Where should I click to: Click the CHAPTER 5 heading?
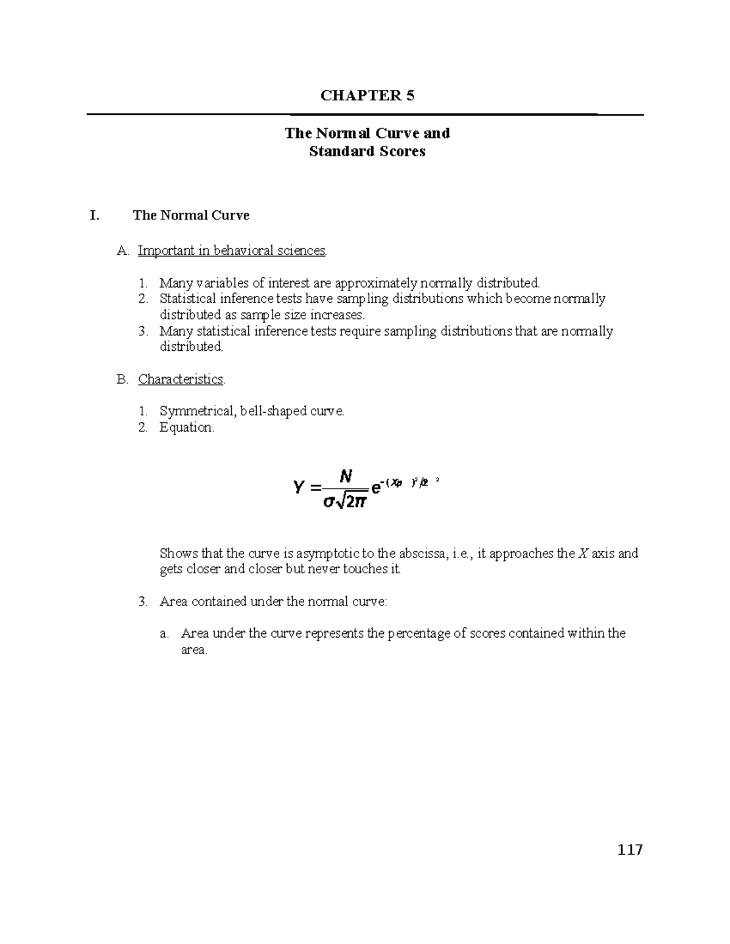coord(367,95)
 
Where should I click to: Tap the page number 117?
coord(630,850)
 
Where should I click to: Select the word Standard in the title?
coord(336,151)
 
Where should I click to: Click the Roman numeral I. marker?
coord(94,215)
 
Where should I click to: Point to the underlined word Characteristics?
coord(181,379)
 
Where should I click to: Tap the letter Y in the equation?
coord(299,488)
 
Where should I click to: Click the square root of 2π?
coord(353,502)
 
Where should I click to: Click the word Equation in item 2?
coord(186,427)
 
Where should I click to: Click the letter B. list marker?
coord(122,379)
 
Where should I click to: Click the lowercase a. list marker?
coord(164,633)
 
